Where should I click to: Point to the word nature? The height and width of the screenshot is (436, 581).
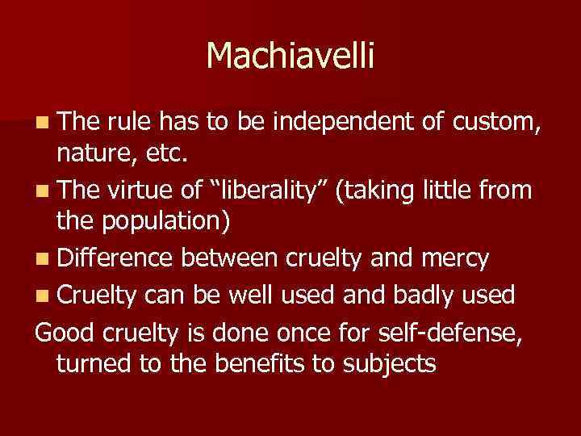(x=91, y=150)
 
